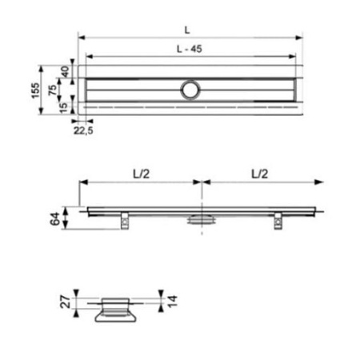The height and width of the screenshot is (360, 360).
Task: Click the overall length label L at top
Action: (x=186, y=30)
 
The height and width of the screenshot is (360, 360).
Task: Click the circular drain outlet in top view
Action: (x=191, y=89)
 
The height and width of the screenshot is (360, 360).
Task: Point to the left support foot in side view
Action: (x=126, y=220)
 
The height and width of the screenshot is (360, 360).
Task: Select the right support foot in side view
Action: (x=279, y=220)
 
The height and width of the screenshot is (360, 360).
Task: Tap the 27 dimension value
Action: (x=64, y=301)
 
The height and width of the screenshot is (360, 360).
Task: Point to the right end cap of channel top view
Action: (x=300, y=90)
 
